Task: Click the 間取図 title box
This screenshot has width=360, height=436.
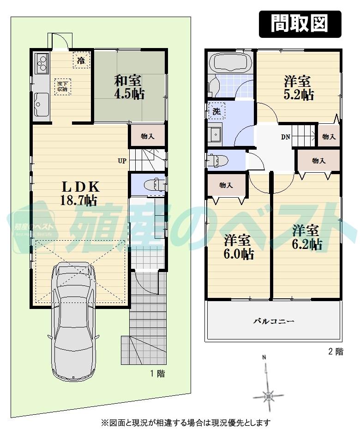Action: [x=300, y=24]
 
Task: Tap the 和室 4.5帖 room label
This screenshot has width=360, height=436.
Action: [x=129, y=86]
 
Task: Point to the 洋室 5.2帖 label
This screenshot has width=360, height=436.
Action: [x=299, y=88]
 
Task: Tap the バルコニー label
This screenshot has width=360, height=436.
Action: [x=274, y=321]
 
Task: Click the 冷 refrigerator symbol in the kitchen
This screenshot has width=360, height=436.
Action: [x=81, y=60]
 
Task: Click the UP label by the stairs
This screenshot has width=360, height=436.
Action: [x=122, y=161]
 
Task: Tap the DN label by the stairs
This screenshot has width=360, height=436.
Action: [x=285, y=137]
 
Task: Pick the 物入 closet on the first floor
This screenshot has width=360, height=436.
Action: [x=147, y=136]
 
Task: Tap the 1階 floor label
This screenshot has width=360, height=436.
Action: [x=157, y=374]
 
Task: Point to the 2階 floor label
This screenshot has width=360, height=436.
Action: [x=336, y=351]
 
